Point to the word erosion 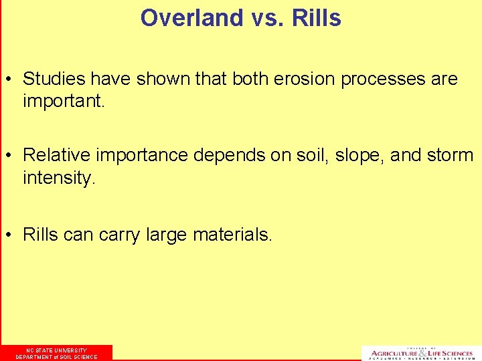coord(304,79)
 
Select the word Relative coord(56,156)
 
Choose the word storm coord(450,156)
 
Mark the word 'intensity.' coord(60,179)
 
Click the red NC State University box coord(56,353)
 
